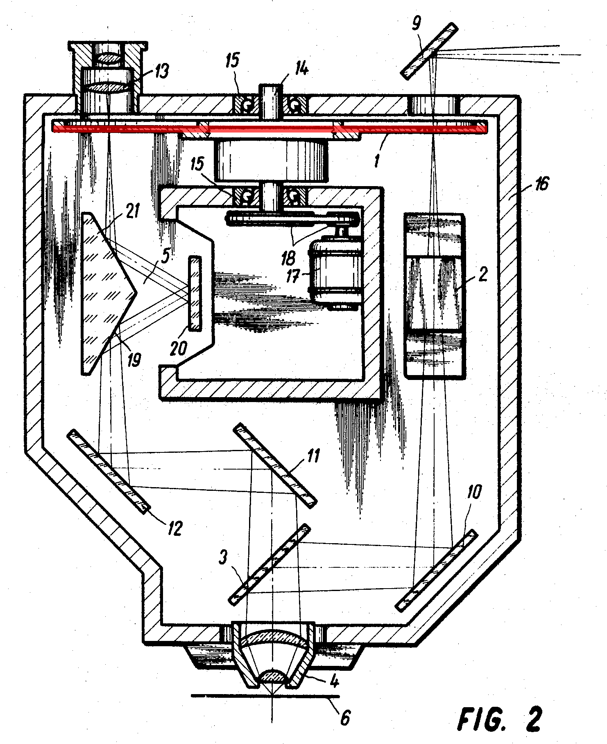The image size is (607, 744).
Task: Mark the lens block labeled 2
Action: tap(435, 294)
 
